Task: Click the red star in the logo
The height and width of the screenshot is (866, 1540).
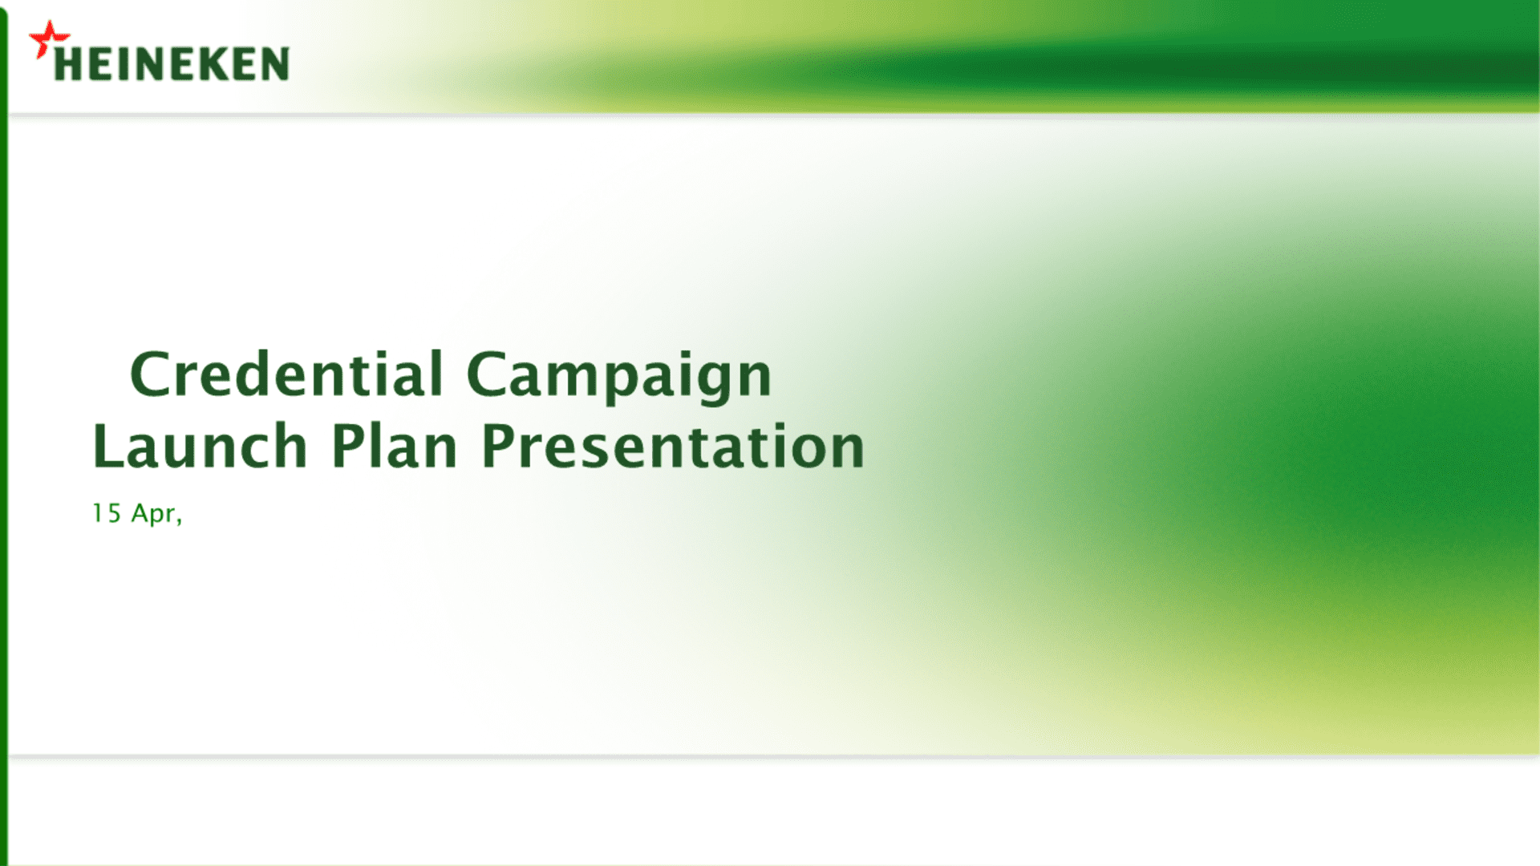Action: [49, 39]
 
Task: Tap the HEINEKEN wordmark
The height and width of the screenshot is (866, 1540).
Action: [172, 64]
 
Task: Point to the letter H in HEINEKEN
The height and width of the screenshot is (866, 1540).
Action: [67, 64]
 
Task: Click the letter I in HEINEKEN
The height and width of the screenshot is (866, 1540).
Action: [120, 64]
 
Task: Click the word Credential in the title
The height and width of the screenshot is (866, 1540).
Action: [286, 374]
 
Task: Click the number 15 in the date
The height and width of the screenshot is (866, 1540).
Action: [107, 513]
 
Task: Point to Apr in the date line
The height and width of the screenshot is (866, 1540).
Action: [153, 515]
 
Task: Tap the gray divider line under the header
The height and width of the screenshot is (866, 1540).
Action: [774, 115]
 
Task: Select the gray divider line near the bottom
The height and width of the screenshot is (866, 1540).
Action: [774, 756]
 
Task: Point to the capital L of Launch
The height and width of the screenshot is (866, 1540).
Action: [109, 445]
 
